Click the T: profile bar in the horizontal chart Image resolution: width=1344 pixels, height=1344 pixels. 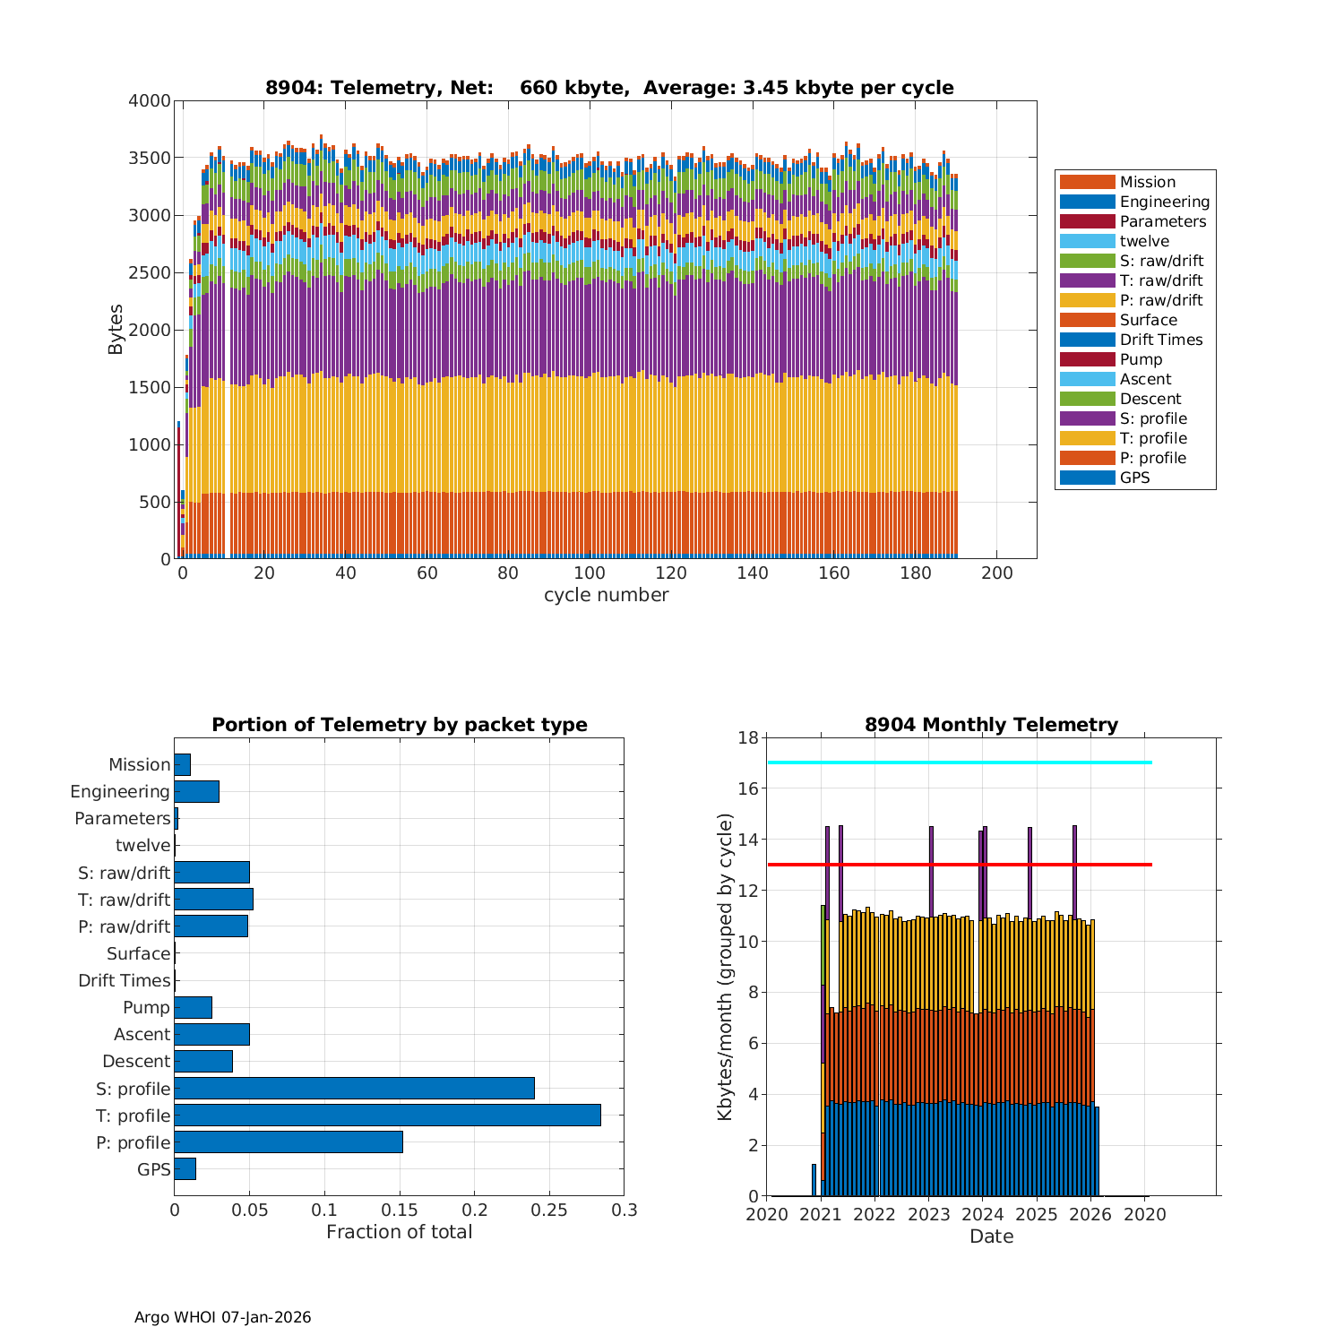pos(387,1116)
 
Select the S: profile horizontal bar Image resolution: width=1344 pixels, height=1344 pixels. pos(354,1089)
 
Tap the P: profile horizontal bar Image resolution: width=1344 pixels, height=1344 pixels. pos(289,1142)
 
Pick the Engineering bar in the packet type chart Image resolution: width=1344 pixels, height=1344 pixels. pos(196,791)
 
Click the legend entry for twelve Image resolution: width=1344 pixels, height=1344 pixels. pos(1144,241)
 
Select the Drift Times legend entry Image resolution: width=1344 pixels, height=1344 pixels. pos(1160,340)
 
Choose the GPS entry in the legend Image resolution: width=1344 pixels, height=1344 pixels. pos(1134,478)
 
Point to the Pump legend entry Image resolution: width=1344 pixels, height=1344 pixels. pos(1141,359)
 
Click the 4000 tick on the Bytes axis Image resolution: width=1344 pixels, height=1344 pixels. pos(150,101)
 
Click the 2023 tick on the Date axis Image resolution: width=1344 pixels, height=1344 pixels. pos(929,1214)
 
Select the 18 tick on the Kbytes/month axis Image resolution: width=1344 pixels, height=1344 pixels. pos(748,738)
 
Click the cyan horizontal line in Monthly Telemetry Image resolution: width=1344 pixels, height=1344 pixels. pos(959,762)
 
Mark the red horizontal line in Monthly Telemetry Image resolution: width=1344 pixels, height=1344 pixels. pos(959,865)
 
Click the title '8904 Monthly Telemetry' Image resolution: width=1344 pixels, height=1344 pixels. pos(991,725)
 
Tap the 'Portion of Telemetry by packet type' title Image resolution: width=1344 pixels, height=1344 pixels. pos(400,725)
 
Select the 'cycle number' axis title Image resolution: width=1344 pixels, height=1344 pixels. pos(606,595)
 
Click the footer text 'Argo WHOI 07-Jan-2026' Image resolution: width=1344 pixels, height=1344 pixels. pos(223,1317)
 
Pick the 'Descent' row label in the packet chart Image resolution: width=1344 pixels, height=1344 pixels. pos(136,1062)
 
